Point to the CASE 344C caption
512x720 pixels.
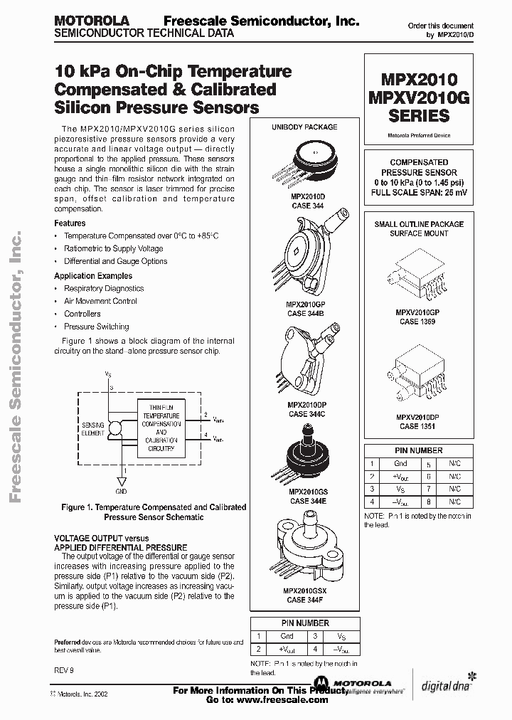point(307,413)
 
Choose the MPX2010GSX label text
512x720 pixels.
point(307,591)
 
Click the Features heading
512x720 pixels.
point(70,223)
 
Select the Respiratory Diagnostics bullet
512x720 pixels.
point(104,289)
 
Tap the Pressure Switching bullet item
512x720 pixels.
point(97,327)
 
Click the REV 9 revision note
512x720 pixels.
point(63,671)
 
